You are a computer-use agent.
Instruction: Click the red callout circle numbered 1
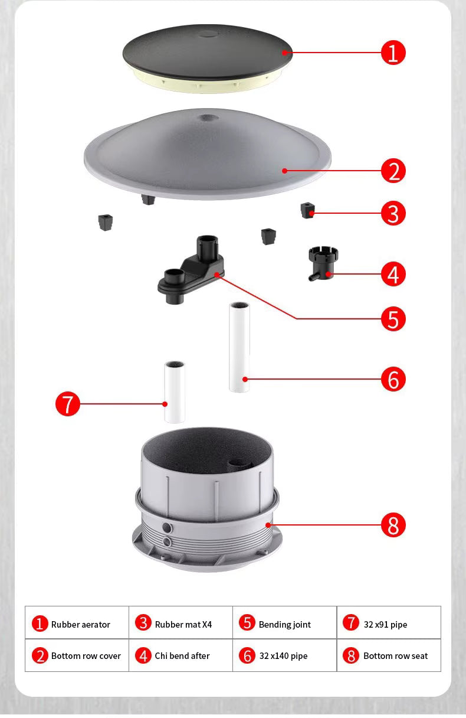(x=393, y=53)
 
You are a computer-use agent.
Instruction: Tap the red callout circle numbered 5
(x=393, y=319)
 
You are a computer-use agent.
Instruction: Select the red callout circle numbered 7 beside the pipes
(x=68, y=404)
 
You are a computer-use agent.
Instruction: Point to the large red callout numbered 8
(x=393, y=524)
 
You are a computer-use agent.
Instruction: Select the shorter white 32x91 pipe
(x=175, y=393)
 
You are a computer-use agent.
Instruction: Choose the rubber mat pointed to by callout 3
(x=307, y=210)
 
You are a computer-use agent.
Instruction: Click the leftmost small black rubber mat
(x=106, y=223)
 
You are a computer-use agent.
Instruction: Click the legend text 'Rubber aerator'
(x=80, y=624)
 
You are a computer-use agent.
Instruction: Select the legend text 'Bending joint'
(x=284, y=624)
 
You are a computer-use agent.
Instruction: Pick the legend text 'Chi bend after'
(x=182, y=655)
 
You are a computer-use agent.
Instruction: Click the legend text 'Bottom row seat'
(x=395, y=655)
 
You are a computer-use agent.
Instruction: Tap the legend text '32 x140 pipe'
(x=283, y=655)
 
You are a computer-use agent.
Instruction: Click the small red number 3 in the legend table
(x=143, y=624)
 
